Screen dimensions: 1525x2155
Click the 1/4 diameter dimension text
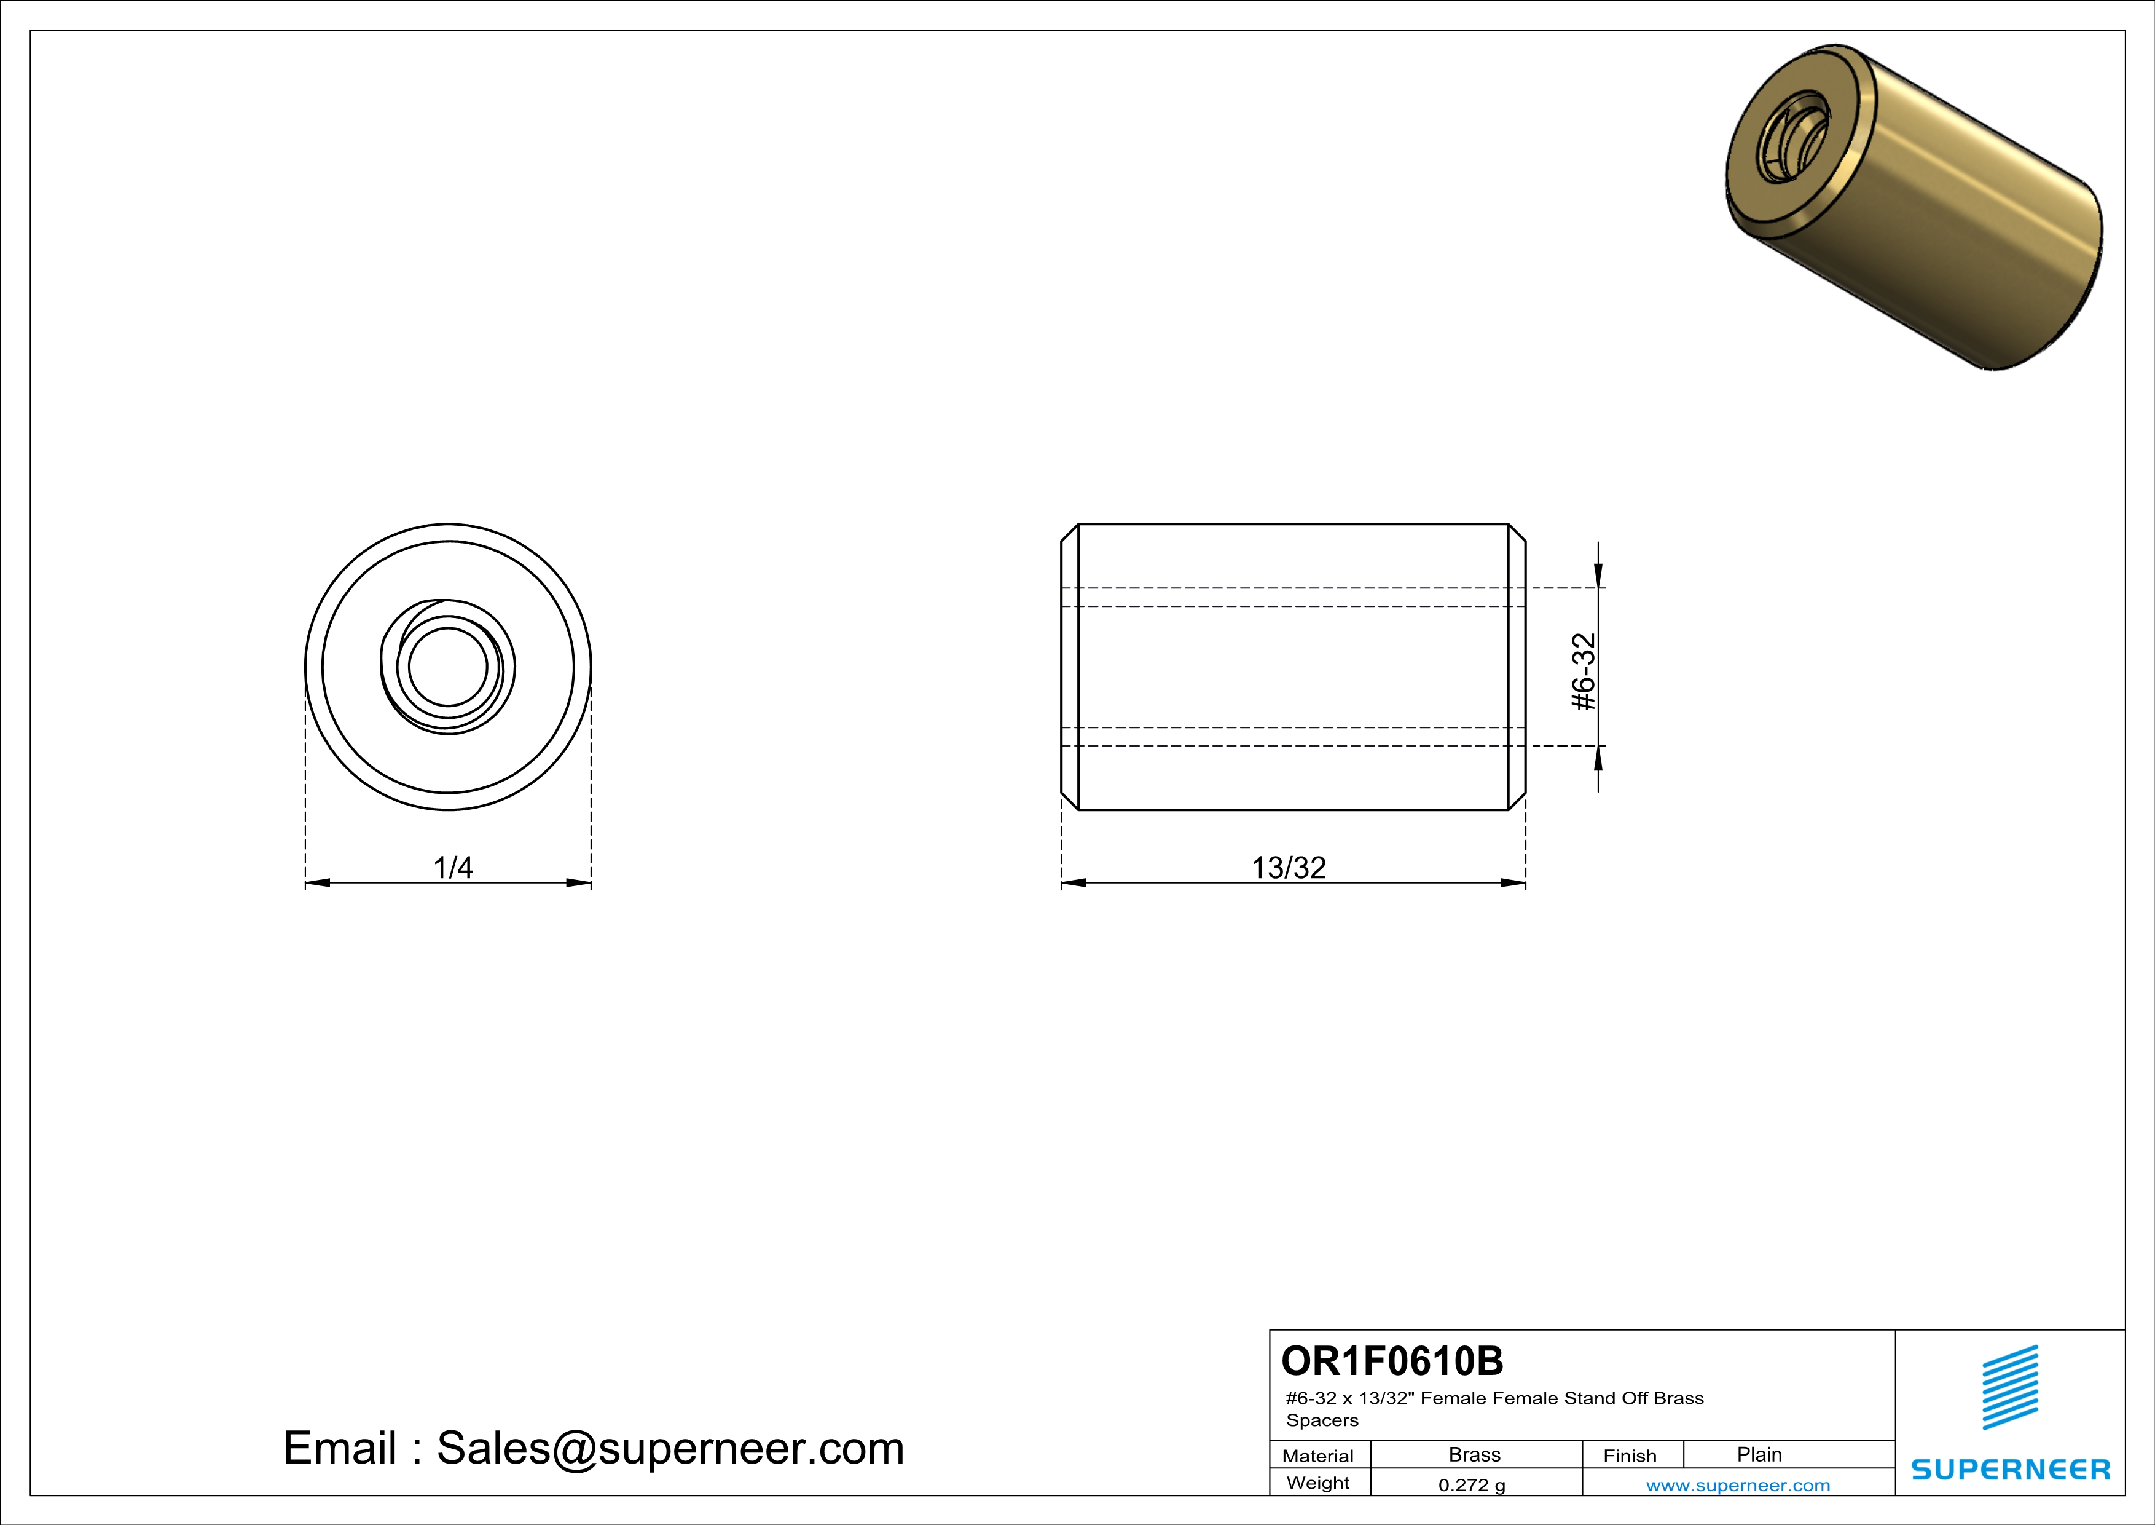(x=452, y=867)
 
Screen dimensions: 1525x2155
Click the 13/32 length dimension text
(x=1288, y=867)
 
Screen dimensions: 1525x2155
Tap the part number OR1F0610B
(x=1392, y=1361)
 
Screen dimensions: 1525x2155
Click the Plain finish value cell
(x=1759, y=1454)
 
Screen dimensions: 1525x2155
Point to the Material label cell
(x=1318, y=1456)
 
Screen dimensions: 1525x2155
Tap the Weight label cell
(x=1318, y=1483)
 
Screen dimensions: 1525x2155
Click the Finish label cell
(x=1630, y=1456)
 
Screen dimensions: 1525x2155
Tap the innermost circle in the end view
(x=448, y=667)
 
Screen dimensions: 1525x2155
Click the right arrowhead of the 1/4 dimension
(x=578, y=882)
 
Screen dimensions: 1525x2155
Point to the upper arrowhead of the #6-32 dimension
(x=1598, y=575)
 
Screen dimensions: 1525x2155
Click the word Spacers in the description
(x=1322, y=1420)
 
